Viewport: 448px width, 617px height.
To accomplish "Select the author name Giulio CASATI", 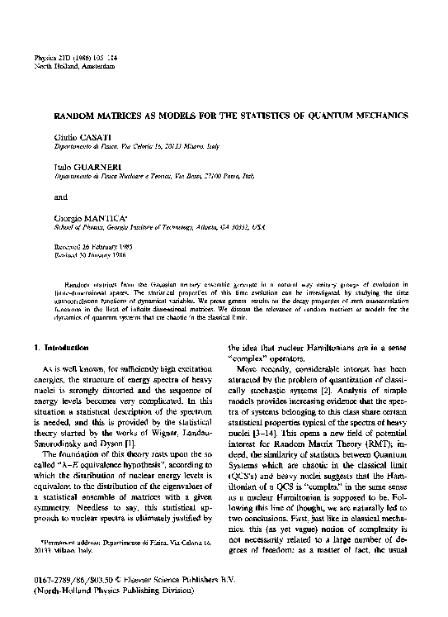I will [79, 134].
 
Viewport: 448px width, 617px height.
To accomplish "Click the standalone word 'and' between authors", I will [61, 197].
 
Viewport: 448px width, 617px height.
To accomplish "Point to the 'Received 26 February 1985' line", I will [88, 245].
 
